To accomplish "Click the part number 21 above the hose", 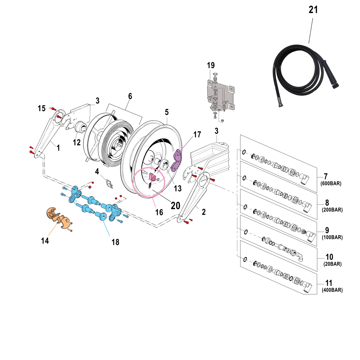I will (x=313, y=10).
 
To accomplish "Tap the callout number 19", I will (x=211, y=66).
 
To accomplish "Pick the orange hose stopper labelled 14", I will (x=58, y=218).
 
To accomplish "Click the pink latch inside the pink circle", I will (x=153, y=177).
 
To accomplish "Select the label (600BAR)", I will (x=331, y=184).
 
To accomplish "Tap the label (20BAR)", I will (x=332, y=264).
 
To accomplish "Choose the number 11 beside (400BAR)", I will (x=328, y=283).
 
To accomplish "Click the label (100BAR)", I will (x=332, y=237).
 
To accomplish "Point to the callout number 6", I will (x=130, y=96).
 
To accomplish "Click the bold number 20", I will (x=175, y=206).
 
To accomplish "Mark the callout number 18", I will (x=115, y=242).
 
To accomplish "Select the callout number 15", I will (x=42, y=108).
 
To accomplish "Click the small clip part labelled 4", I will (x=109, y=184).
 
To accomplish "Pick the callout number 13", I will (x=178, y=188).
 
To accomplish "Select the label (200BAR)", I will (x=332, y=210).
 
